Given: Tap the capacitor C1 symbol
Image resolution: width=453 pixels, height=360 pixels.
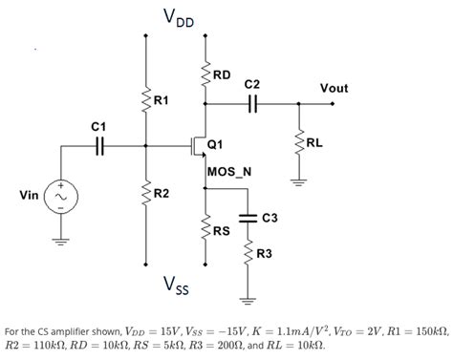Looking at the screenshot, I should (98, 146).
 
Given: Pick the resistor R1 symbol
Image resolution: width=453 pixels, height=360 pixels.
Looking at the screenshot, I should (145, 99).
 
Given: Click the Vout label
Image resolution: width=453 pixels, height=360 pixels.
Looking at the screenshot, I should (334, 88).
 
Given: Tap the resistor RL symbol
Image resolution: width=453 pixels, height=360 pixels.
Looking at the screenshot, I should (297, 144).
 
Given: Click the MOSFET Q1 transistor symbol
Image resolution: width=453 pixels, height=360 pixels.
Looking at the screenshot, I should (200, 146).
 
